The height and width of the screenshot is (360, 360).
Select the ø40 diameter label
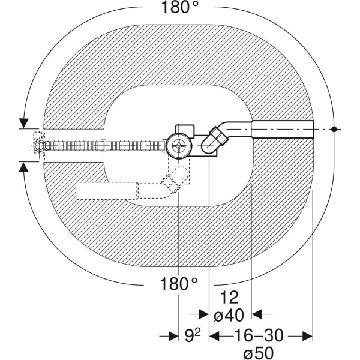[x=229, y=314]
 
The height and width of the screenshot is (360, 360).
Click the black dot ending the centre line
[x=335, y=129]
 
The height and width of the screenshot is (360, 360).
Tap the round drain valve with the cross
[x=178, y=145]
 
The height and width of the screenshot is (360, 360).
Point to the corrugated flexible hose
[x=102, y=145]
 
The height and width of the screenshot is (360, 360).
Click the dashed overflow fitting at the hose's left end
[x=38, y=145]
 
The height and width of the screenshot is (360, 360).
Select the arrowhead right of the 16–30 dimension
[x=307, y=336]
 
